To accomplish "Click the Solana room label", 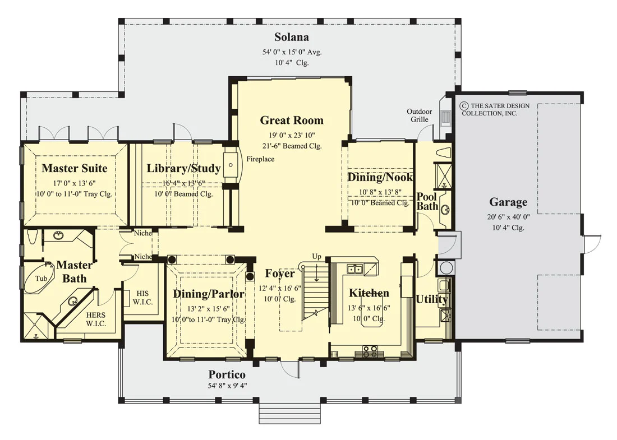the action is pyautogui.click(x=292, y=37).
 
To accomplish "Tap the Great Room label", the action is pyautogui.click(x=292, y=121).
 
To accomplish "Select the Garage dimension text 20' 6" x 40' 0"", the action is pyautogui.click(x=508, y=217).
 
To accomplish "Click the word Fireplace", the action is pyautogui.click(x=260, y=159).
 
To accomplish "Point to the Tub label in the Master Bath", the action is pyautogui.click(x=42, y=279).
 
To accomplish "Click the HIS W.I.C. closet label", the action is pyautogui.click(x=142, y=298).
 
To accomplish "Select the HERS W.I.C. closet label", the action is pyautogui.click(x=95, y=319).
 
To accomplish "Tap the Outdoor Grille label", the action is pyautogui.click(x=420, y=115).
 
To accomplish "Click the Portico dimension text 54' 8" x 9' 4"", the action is pyautogui.click(x=227, y=386).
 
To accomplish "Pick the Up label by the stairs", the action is pyautogui.click(x=317, y=256).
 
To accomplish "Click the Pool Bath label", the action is pyautogui.click(x=427, y=201).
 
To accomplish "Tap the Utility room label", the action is pyautogui.click(x=432, y=299).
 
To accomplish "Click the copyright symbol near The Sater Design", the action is pyautogui.click(x=465, y=106).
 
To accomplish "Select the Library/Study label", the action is pyautogui.click(x=183, y=168).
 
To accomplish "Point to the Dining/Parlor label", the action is pyautogui.click(x=209, y=294).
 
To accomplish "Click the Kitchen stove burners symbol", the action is pyautogui.click(x=370, y=351).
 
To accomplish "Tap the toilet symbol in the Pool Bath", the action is pyautogui.click(x=444, y=153).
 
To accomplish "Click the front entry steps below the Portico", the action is pyautogui.click(x=288, y=413).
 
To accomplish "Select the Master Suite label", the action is pyautogui.click(x=75, y=168).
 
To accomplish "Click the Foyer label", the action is pyautogui.click(x=280, y=274).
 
